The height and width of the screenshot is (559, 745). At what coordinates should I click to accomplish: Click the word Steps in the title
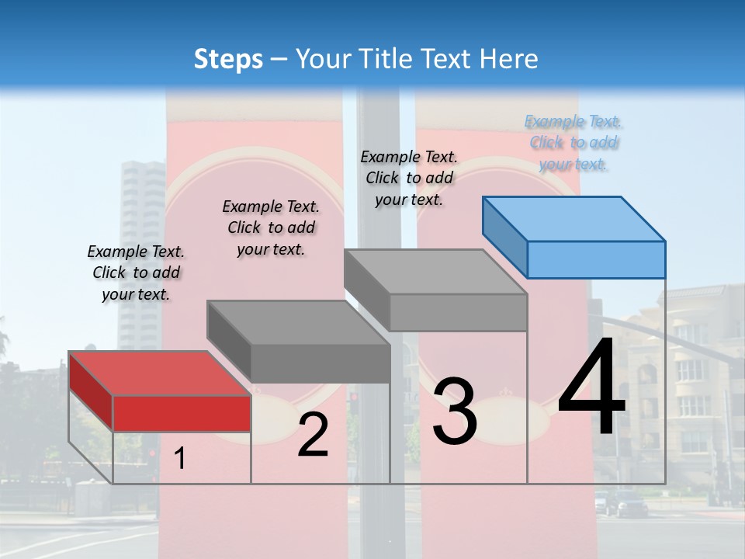pos(228,59)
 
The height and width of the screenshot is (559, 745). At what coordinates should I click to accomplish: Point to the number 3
pos(454,411)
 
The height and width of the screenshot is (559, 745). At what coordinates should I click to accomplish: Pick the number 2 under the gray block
pos(313,435)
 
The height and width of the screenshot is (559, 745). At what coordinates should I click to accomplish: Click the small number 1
pos(180,459)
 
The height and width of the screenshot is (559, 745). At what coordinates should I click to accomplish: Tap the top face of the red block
pos(159,373)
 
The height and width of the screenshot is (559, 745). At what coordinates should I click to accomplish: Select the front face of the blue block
pos(596,259)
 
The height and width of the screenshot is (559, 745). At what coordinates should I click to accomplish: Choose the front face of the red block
pos(182,413)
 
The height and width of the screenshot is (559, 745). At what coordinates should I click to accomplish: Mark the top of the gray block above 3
pos(435,272)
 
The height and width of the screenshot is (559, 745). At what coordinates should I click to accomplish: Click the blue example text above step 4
pos(573,143)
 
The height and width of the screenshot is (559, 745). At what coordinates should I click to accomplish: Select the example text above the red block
pos(137,273)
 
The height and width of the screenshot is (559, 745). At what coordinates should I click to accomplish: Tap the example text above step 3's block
pos(409,178)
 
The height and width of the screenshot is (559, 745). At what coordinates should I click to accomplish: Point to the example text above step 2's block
pos(271,227)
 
